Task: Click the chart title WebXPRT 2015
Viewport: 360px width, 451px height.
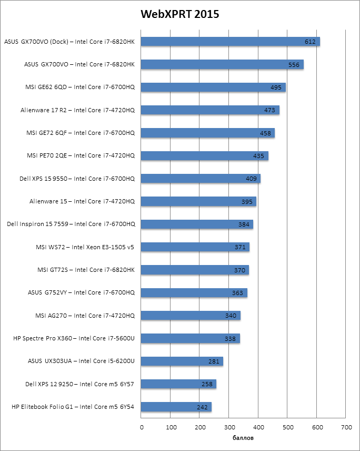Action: (x=179, y=14)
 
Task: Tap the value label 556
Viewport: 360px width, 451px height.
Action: (x=294, y=65)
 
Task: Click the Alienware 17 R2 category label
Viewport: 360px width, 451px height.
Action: (x=77, y=110)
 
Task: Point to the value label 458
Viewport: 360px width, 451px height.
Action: (x=265, y=133)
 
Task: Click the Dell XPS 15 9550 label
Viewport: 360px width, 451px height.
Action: (x=77, y=179)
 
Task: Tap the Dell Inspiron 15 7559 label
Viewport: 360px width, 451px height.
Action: (x=71, y=224)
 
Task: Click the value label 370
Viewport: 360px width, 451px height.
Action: (x=239, y=270)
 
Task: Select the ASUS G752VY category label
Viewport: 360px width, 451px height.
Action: (x=81, y=292)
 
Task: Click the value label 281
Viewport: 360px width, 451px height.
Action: (x=214, y=361)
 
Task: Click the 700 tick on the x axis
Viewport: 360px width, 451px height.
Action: (x=346, y=427)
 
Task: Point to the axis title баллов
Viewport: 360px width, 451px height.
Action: (x=243, y=438)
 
